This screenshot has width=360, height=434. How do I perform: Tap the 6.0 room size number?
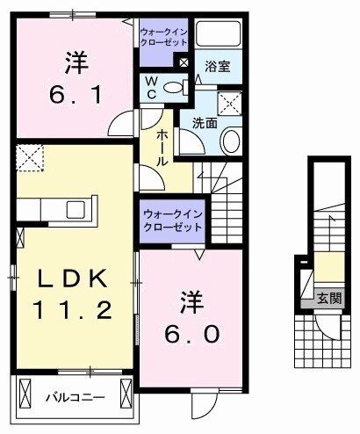click(195, 333)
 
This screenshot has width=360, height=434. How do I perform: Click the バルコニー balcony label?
click(76, 398)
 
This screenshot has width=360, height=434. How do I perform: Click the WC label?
click(151, 87)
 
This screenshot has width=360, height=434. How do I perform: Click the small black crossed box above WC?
click(184, 62)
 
